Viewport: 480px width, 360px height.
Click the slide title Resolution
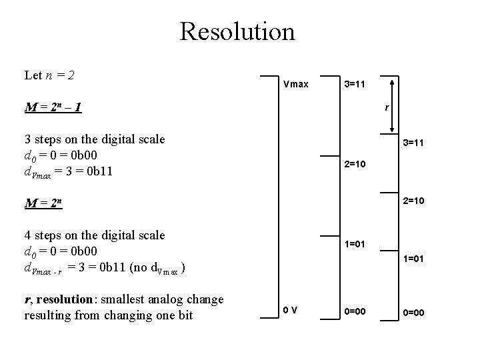click(x=237, y=31)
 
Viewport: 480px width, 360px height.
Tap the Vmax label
click(x=295, y=85)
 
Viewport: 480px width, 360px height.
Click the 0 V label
click(x=290, y=310)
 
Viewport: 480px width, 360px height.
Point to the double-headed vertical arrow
click(x=392, y=105)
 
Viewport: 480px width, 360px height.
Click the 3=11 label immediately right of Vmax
click(x=354, y=85)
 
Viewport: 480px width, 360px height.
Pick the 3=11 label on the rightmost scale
click(x=413, y=143)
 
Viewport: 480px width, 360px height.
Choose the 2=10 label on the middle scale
click(x=355, y=163)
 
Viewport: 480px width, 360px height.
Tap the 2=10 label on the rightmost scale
click(x=413, y=200)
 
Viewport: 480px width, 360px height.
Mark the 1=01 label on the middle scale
click(x=355, y=245)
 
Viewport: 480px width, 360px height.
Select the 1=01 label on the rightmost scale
click(x=413, y=259)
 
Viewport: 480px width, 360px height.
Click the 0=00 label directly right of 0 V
click(x=355, y=310)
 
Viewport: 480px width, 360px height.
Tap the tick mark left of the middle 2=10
click(x=329, y=156)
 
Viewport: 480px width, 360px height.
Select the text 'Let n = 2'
click(x=49, y=75)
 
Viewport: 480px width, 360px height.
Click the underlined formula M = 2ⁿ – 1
click(x=53, y=107)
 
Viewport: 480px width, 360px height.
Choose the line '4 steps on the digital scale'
click(x=94, y=235)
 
